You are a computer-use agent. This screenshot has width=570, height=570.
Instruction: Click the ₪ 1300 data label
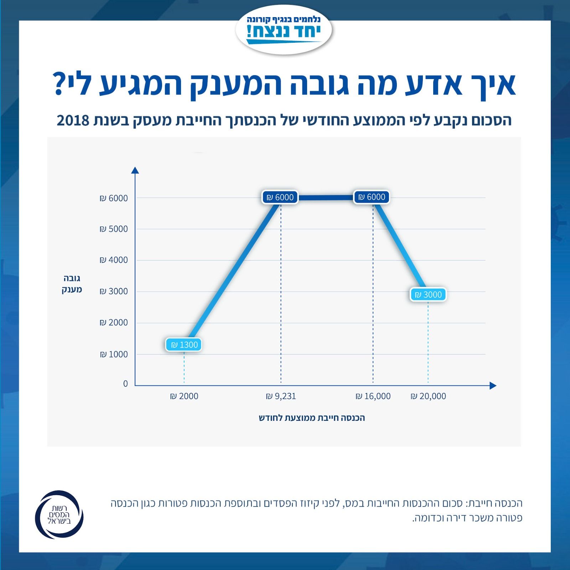[x=184, y=345]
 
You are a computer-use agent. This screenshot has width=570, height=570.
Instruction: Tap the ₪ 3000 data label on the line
[x=428, y=295]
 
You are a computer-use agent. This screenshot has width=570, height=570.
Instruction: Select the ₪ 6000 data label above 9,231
[x=280, y=197]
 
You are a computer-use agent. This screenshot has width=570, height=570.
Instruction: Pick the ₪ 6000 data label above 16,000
[x=372, y=197]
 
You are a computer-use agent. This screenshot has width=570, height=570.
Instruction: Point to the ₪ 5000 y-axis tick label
[x=114, y=229]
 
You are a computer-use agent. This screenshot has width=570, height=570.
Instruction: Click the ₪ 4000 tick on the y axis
[x=114, y=260]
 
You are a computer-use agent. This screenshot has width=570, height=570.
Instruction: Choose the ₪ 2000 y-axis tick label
[x=114, y=323]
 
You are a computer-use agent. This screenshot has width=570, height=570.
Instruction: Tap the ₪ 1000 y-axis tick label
[x=114, y=354]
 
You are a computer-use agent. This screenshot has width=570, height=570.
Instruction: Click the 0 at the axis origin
[x=125, y=384]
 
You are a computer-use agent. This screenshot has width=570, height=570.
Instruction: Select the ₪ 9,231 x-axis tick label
[x=281, y=396]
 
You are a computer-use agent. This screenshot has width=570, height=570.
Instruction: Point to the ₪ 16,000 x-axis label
[x=373, y=396]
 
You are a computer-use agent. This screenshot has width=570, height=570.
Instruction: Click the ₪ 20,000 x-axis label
[x=428, y=396]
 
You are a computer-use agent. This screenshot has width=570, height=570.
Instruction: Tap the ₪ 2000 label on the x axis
[x=184, y=396]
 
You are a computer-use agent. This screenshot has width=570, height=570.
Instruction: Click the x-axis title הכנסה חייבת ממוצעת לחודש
[x=312, y=418]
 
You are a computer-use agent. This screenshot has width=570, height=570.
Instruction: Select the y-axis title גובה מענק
[x=72, y=284]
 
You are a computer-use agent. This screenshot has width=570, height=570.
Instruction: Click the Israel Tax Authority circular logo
[x=59, y=514]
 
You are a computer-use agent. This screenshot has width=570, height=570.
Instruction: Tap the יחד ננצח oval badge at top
[x=284, y=30]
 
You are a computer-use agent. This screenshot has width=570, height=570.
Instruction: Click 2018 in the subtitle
[x=73, y=121]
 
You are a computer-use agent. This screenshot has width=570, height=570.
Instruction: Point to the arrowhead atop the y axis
[x=135, y=170]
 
